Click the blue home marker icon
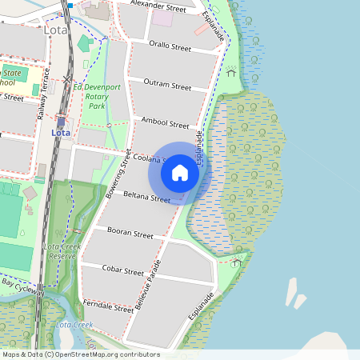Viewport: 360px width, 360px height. click(180, 173)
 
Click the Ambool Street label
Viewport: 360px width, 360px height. click(165, 123)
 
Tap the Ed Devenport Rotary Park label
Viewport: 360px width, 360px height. click(98, 96)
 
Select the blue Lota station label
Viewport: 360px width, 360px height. click(60, 132)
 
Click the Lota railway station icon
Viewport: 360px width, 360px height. click(60, 121)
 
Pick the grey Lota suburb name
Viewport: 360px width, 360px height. click(56, 30)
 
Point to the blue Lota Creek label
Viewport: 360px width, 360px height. click(74, 325)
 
